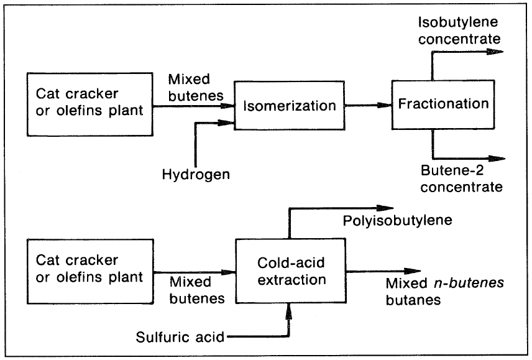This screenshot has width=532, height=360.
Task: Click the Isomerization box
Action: [x=288, y=105]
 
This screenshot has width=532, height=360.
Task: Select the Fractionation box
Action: [x=442, y=103]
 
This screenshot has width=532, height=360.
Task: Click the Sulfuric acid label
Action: [x=181, y=338]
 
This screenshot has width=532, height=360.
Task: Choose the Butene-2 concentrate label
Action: [x=460, y=178]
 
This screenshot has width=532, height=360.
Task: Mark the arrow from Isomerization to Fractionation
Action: [x=367, y=105]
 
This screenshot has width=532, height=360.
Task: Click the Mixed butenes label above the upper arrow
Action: [x=190, y=87]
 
